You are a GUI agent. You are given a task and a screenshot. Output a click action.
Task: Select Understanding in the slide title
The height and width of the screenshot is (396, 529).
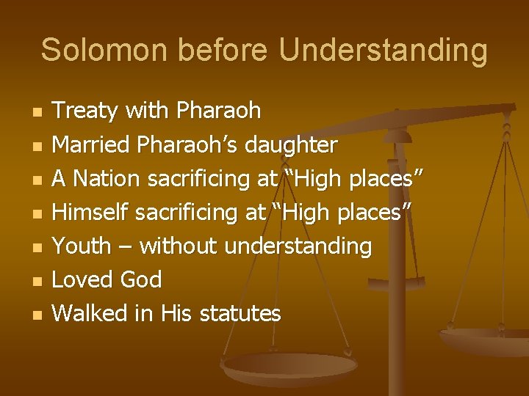[383, 50]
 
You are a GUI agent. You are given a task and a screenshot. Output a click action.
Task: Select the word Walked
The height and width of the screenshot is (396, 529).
[90, 313]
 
